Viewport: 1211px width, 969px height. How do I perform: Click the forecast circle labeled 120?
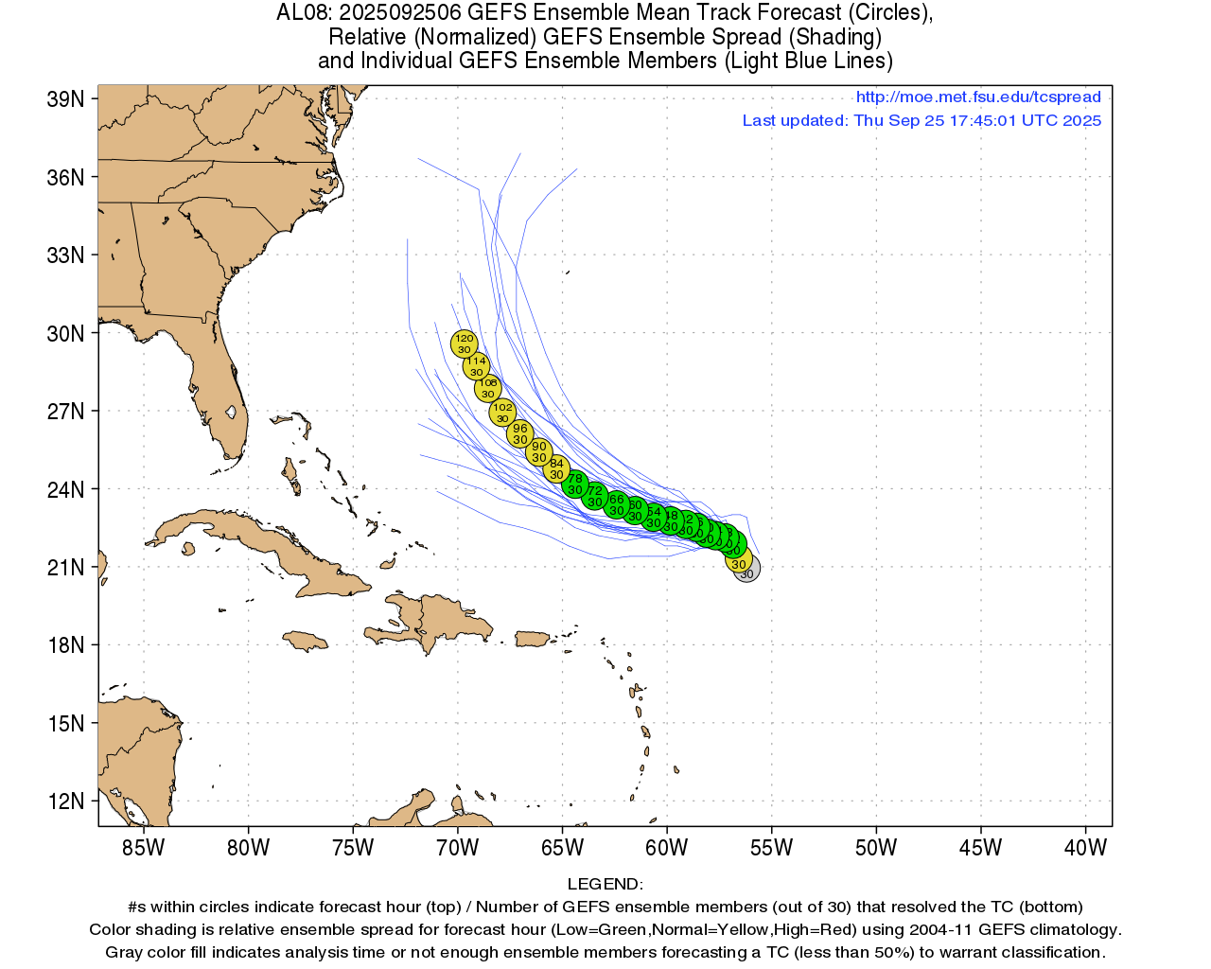464,344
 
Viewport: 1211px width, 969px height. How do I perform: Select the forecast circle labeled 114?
476,366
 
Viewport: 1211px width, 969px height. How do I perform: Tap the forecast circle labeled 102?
502,413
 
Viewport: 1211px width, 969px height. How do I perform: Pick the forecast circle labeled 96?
519,434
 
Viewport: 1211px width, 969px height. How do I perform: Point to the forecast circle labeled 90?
538,452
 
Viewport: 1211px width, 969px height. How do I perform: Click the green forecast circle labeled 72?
594,496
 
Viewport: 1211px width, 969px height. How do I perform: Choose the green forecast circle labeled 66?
616,504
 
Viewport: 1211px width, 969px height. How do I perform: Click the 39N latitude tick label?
65,99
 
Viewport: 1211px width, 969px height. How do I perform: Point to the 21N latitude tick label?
65,568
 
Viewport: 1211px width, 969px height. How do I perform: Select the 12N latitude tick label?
65,802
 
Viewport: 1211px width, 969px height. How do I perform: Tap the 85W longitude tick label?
144,848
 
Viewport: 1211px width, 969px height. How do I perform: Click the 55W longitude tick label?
771,848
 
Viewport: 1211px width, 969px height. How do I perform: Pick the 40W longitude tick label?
1085,848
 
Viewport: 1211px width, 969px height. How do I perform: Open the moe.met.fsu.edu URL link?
978,97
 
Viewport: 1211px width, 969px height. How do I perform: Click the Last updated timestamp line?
921,120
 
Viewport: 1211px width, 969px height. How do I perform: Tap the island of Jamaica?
305,641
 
